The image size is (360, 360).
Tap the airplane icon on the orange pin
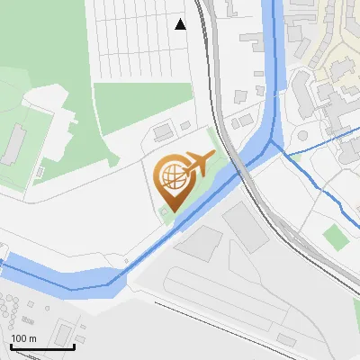[x=197, y=163]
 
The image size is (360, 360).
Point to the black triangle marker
[x=181, y=24]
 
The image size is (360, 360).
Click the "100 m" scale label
[x=24, y=337]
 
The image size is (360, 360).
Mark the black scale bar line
[x=30, y=346]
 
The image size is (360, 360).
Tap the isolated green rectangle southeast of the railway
[x=335, y=238]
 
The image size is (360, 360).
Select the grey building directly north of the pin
[x=163, y=133]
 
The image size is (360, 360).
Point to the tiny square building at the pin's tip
[x=165, y=213]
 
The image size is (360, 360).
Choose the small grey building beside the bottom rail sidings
[x=285, y=339]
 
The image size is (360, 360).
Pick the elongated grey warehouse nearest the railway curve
[x=246, y=226]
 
